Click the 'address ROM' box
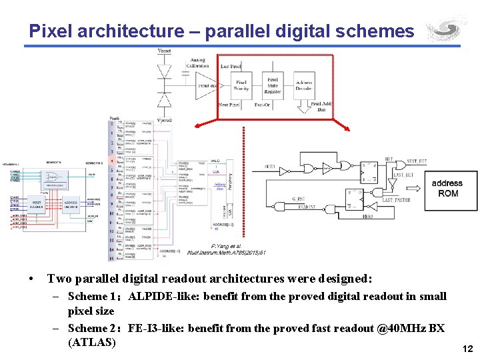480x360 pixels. point(447,189)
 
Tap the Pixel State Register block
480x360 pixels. point(273,86)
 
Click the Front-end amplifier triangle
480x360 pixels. point(205,85)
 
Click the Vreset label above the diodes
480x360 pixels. point(164,51)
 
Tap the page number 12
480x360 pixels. point(467,349)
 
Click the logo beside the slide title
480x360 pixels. point(446,29)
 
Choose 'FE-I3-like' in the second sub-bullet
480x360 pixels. point(156,328)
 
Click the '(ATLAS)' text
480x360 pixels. point(92,343)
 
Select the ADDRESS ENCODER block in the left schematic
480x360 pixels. point(71,204)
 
